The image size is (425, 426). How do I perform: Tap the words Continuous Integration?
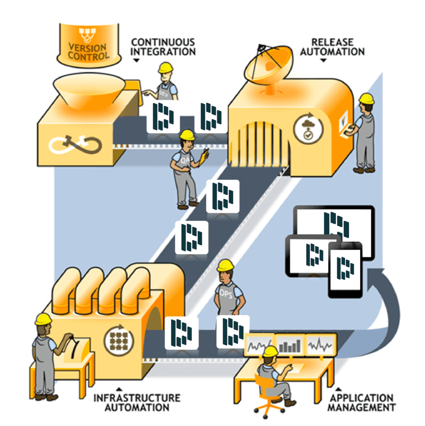tap(163, 47)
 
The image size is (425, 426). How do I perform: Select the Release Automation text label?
tap(332, 47)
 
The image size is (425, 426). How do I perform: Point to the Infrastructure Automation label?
tap(137, 402)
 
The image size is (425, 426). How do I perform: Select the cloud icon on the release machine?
tap(308, 126)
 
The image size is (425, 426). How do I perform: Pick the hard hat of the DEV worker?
tap(166, 67)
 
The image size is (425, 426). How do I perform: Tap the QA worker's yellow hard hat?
tap(187, 134)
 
